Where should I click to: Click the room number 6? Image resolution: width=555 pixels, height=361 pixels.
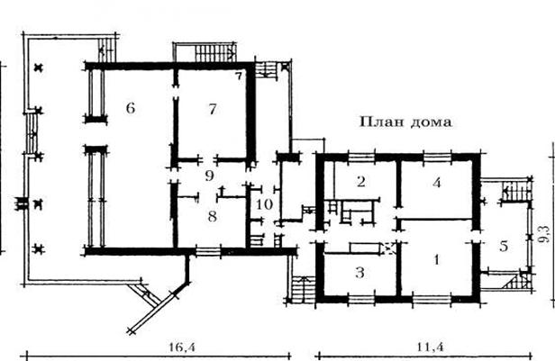pyautogui.click(x=131, y=108)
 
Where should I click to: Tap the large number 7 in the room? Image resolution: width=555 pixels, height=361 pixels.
pyautogui.click(x=212, y=109)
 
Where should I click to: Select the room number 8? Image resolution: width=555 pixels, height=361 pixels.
pyautogui.click(x=212, y=216)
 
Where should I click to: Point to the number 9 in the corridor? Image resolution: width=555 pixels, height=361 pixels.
pyautogui.click(x=210, y=176)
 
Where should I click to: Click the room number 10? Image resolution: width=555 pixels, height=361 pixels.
pyautogui.click(x=264, y=204)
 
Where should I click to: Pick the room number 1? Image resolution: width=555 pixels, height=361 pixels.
pyautogui.click(x=436, y=259)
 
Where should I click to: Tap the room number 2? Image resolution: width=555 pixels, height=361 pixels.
pyautogui.click(x=361, y=181)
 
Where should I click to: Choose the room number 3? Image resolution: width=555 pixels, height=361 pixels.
pyautogui.click(x=359, y=273)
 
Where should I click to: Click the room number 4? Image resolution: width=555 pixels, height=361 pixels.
pyautogui.click(x=437, y=183)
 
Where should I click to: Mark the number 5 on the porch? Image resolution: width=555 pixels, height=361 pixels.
pyautogui.click(x=504, y=246)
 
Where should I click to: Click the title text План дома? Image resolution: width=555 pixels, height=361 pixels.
pyautogui.click(x=405, y=122)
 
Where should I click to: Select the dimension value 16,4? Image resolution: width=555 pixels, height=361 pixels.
pyautogui.click(x=182, y=347)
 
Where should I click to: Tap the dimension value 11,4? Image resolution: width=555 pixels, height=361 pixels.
pyautogui.click(x=430, y=347)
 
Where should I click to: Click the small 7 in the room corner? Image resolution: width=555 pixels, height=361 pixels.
pyautogui.click(x=239, y=76)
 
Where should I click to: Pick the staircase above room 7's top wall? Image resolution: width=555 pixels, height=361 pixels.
pyautogui.click(x=215, y=53)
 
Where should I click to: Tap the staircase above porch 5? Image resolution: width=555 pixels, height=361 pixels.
pyautogui.click(x=517, y=192)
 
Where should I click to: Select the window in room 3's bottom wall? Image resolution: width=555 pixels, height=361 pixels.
pyautogui.click(x=361, y=299)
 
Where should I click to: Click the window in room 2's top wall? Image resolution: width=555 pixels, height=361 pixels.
pyautogui.click(x=361, y=157)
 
